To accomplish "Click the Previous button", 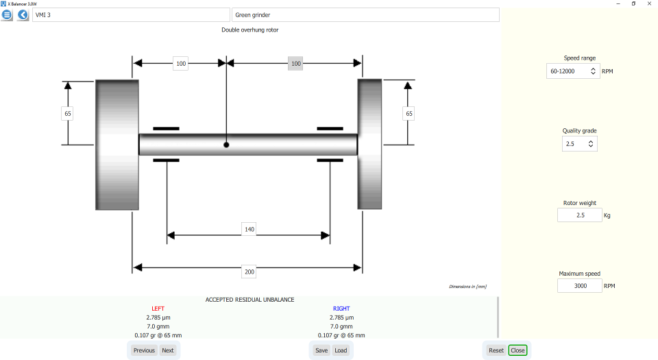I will (144, 350).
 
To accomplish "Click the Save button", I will (321, 350).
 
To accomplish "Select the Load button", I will (341, 350).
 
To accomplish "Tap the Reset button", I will (496, 350).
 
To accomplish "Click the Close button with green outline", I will (517, 350).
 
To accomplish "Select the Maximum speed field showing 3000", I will (579, 286).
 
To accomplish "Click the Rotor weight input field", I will (579, 215).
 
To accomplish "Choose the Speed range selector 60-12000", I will (573, 71).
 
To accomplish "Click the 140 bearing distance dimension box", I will (249, 229).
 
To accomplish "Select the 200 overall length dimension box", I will (249, 272).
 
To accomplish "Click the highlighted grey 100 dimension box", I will (295, 64).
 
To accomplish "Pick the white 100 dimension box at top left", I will (180, 64).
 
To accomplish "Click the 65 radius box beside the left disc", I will (67, 114).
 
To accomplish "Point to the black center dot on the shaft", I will (226, 145).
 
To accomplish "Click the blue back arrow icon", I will (23, 14).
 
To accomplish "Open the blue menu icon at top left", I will (8, 14).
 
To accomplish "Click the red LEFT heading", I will (158, 309).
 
